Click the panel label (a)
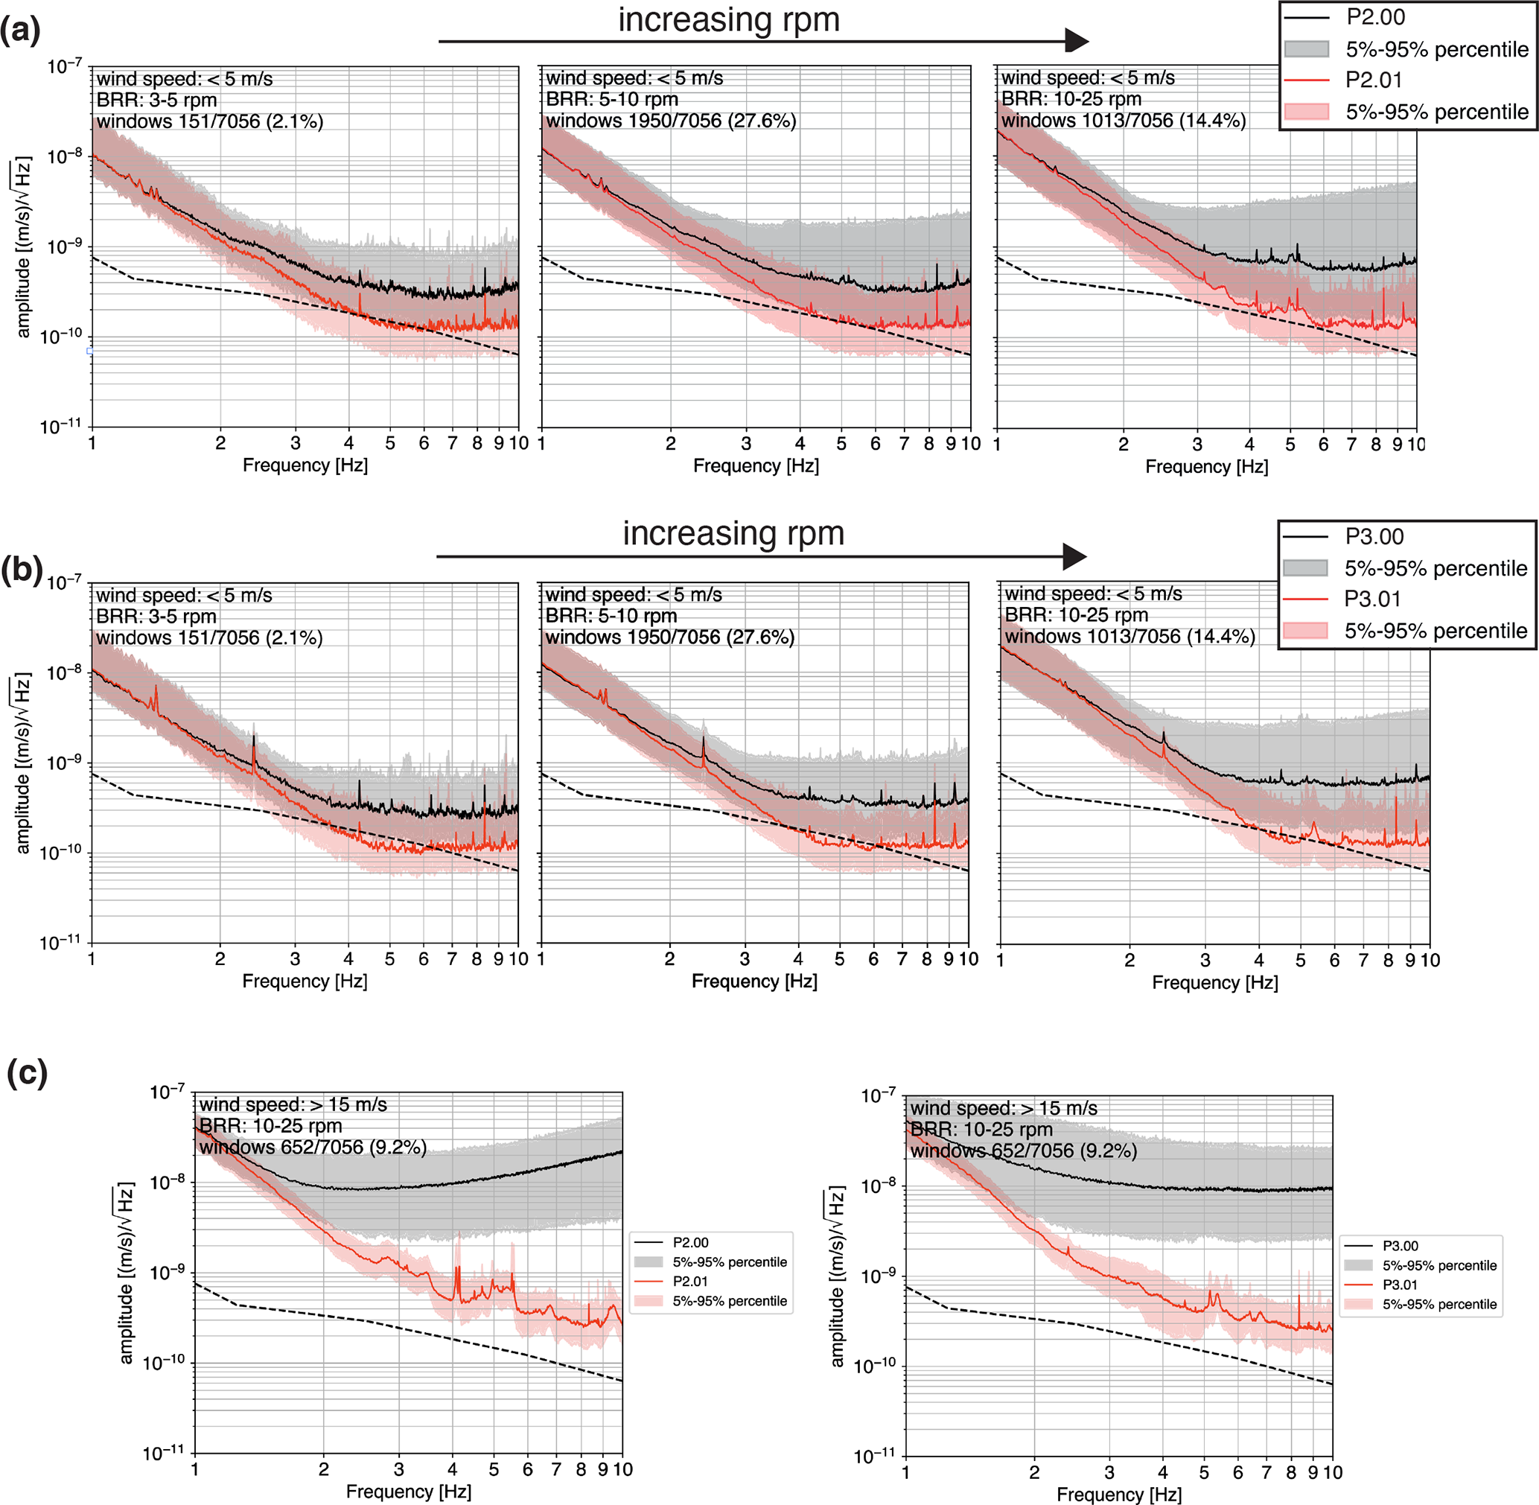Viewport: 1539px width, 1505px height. [20, 31]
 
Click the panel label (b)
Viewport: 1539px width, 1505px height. [22, 569]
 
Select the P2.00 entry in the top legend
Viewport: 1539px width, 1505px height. [1374, 17]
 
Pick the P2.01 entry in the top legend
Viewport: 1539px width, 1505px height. [1374, 80]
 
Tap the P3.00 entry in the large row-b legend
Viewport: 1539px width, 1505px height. [1374, 537]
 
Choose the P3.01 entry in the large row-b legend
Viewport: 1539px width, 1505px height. [1372, 599]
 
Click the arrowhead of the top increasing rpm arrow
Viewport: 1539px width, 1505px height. [1077, 39]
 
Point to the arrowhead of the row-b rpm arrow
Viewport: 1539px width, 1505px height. [1074, 556]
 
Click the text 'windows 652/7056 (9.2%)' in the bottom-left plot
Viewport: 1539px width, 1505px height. [312, 1147]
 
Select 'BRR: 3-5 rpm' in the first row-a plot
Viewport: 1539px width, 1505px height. [156, 101]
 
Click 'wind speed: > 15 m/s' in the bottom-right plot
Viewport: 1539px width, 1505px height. [1003, 1108]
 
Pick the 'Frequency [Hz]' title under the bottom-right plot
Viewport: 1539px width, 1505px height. [1118, 1494]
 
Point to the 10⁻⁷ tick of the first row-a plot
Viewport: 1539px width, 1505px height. [65, 66]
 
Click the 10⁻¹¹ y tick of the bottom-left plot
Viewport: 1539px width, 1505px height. [163, 1452]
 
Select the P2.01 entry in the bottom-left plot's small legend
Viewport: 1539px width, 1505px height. [690, 1281]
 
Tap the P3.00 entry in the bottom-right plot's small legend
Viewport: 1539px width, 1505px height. [1400, 1246]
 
